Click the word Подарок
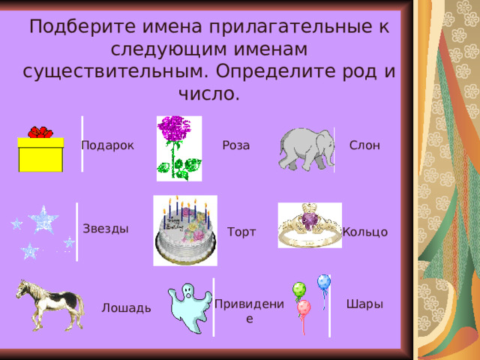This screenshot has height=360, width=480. [x=107, y=145]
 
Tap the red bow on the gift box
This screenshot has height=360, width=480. [x=40, y=132]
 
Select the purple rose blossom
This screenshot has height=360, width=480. [x=174, y=128]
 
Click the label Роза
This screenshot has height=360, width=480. [x=236, y=145]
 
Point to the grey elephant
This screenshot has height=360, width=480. [x=306, y=149]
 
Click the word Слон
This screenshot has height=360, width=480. [x=364, y=145]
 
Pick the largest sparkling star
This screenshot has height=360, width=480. [x=43, y=220]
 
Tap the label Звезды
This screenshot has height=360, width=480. [x=106, y=229]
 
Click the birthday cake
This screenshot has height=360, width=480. [x=185, y=231]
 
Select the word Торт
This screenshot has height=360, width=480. [x=241, y=232]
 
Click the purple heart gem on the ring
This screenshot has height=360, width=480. [x=309, y=220]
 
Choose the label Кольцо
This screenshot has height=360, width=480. [x=365, y=232]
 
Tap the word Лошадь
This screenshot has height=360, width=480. [x=126, y=308]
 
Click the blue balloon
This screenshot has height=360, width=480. [x=324, y=282]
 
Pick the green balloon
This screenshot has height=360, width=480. [x=299, y=289]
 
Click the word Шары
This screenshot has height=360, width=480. [x=364, y=304]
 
